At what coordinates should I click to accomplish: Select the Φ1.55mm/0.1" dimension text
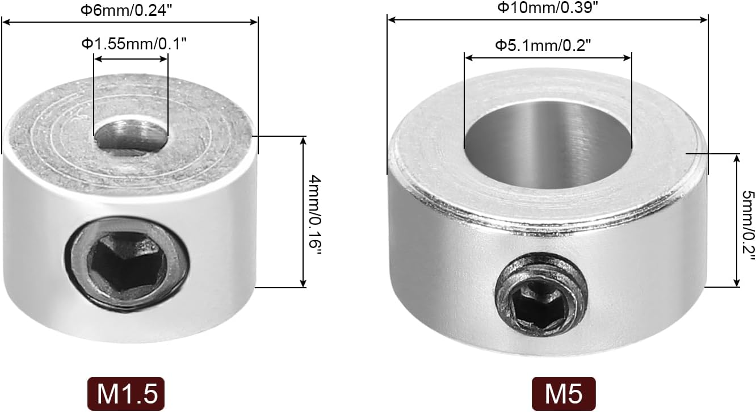pyautogui.click(x=134, y=43)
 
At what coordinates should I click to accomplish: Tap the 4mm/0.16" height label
pyautogui.click(x=315, y=215)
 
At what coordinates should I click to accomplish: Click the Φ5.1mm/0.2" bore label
pyautogui.click(x=543, y=45)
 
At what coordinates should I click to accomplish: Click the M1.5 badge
pyautogui.click(x=126, y=394)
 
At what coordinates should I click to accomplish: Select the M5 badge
pyautogui.click(x=564, y=394)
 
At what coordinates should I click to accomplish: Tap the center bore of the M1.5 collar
pyautogui.click(x=131, y=134)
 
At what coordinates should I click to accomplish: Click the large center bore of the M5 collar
pyautogui.click(x=548, y=146)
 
